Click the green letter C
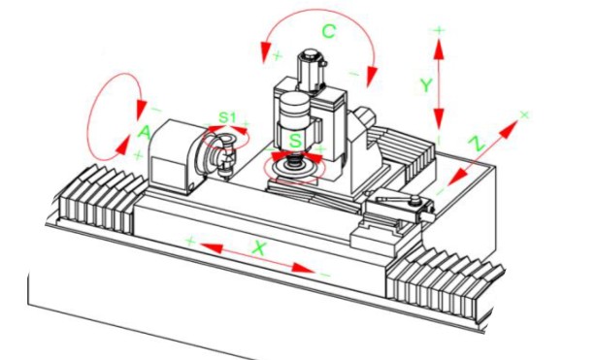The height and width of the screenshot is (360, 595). (329, 31)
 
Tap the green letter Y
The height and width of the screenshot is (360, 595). (426, 85)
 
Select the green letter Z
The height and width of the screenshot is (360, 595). (477, 145)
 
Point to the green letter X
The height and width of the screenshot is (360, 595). (259, 248)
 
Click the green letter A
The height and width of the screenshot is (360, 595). (145, 133)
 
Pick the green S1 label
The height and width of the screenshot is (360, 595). (227, 117)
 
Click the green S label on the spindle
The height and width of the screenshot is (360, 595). (295, 141)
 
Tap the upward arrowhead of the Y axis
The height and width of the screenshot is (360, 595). (439, 49)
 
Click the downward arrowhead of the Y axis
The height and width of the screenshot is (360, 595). (439, 118)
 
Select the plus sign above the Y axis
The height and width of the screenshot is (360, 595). (439, 30)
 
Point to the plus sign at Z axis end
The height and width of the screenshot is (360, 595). (524, 115)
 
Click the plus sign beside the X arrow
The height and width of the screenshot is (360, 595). (190, 241)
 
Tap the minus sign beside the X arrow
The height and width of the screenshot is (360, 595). (325, 275)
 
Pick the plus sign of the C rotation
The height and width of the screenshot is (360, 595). (278, 56)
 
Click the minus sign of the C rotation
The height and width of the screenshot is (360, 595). (353, 74)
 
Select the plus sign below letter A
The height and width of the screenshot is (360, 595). (138, 155)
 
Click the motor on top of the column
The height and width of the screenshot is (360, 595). (312, 70)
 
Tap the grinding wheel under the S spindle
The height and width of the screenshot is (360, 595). (293, 169)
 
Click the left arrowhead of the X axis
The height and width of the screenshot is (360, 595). (211, 247)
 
